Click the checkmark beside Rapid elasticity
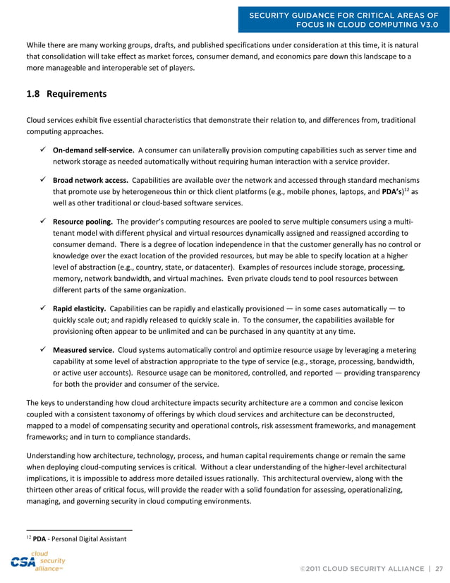pyautogui.click(x=44, y=308)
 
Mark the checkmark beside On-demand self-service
pyautogui.click(x=44, y=150)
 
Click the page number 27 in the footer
pyautogui.click(x=439, y=567)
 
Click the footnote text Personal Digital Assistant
pyautogui.click(x=89, y=539)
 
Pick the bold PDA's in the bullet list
pyautogui.click(x=393, y=191)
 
